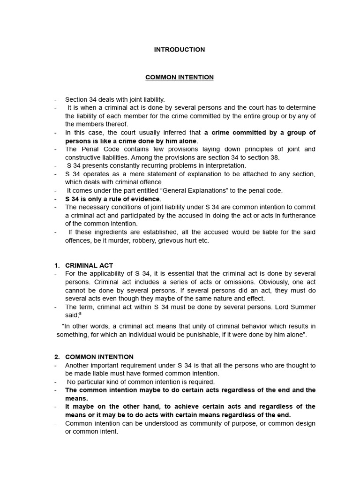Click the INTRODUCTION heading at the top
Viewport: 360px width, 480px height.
180,50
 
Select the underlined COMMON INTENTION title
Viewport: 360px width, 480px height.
180,77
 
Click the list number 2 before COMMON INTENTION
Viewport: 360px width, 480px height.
57,357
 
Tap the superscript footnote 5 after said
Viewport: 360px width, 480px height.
80,314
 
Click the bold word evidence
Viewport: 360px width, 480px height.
145,199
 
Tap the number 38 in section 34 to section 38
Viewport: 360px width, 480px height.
274,157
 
